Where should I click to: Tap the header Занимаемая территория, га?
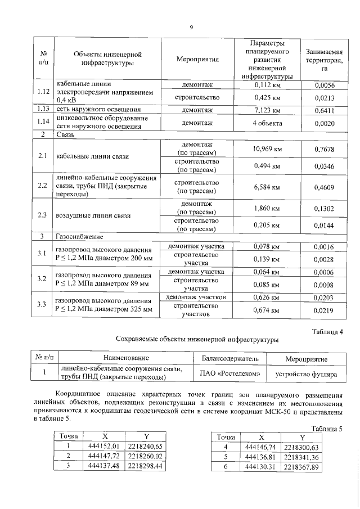click(324, 58)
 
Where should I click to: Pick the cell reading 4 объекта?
click(267, 123)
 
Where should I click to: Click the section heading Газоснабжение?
click(78, 237)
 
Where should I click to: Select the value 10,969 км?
click(267, 148)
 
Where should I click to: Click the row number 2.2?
click(42, 185)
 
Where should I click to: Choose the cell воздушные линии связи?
click(93, 216)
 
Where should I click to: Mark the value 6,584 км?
click(267, 186)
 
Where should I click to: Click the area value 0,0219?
click(324, 310)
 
